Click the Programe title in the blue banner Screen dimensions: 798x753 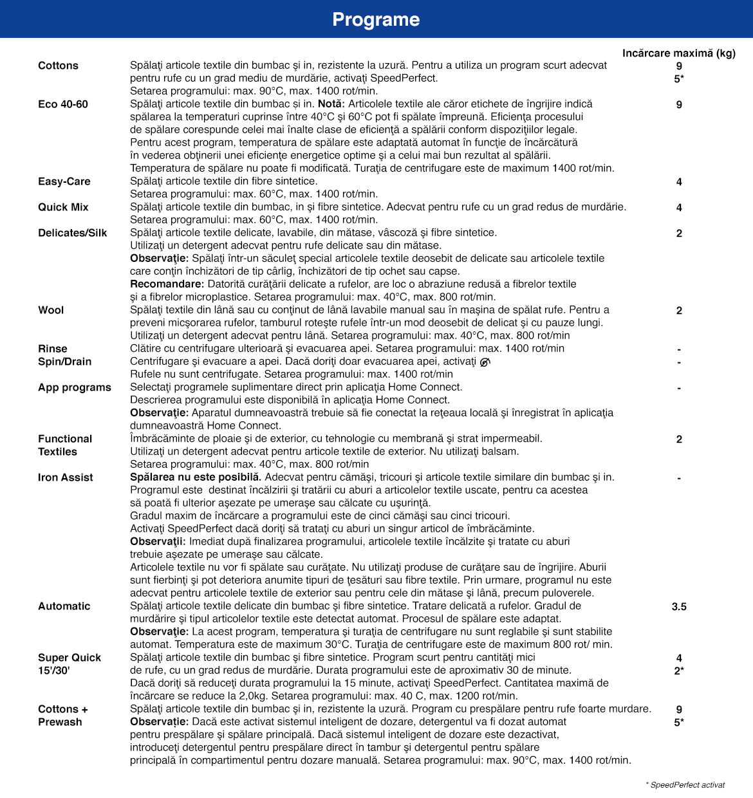(x=376, y=19)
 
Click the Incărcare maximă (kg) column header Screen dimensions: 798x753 (x=678, y=53)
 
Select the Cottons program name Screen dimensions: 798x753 (x=58, y=66)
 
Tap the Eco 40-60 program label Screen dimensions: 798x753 (x=63, y=104)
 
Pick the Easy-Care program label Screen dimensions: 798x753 (x=64, y=181)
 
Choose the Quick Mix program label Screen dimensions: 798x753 (x=63, y=207)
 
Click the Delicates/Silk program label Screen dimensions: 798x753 (x=73, y=233)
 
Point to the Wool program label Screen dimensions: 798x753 (x=51, y=310)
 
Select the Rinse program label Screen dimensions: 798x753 (x=53, y=349)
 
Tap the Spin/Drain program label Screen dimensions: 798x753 (x=65, y=362)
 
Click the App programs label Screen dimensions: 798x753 (x=75, y=387)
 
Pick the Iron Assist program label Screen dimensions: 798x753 (x=66, y=478)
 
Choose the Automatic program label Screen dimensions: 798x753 (x=64, y=606)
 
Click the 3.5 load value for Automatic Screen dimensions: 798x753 (x=679, y=606)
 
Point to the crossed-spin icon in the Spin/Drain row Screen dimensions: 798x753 (x=485, y=362)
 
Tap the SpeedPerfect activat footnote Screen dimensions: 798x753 (x=686, y=785)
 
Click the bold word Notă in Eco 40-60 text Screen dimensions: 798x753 (x=331, y=104)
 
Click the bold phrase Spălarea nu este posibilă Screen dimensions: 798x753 (x=196, y=477)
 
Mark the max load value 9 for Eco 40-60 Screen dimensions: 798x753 (x=679, y=104)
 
